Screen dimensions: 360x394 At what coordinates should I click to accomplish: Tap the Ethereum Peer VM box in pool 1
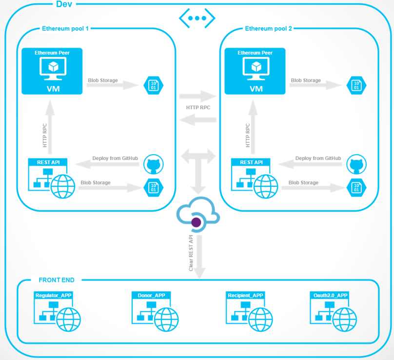[x=52, y=71]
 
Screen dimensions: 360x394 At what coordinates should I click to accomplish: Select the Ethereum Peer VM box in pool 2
[x=255, y=71]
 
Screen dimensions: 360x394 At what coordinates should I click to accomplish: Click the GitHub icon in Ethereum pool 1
[x=154, y=164]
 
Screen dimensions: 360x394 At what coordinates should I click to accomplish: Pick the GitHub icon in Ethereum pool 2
[x=357, y=164]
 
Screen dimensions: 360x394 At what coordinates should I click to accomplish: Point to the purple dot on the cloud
[x=196, y=222]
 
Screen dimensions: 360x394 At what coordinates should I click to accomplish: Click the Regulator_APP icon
[x=57, y=312]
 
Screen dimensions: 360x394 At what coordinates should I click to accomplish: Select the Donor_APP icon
[x=153, y=312]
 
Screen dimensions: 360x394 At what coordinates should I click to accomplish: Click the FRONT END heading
[x=57, y=280]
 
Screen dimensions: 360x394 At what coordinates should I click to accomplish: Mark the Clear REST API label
[x=191, y=253]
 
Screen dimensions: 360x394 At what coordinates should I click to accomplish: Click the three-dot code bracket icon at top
[x=197, y=18]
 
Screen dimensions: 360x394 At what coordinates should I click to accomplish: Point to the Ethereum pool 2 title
[x=268, y=29]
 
